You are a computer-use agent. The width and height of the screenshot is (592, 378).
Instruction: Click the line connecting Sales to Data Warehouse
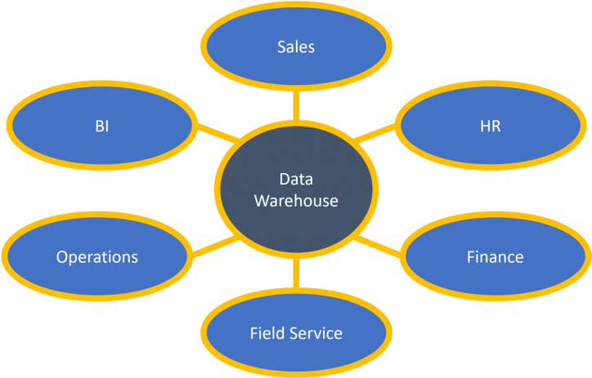click(x=296, y=105)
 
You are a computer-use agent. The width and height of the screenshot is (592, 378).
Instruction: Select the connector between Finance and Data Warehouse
click(x=380, y=247)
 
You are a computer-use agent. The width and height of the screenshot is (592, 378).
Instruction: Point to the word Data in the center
click(x=296, y=180)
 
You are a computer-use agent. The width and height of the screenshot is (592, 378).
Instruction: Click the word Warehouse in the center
click(x=296, y=201)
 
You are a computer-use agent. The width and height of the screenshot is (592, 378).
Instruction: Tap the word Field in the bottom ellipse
click(x=267, y=333)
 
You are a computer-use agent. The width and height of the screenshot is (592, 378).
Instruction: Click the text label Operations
click(x=97, y=257)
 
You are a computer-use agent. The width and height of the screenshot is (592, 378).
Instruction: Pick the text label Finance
click(x=495, y=257)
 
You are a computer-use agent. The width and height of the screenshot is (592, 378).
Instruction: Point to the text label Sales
click(x=295, y=47)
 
